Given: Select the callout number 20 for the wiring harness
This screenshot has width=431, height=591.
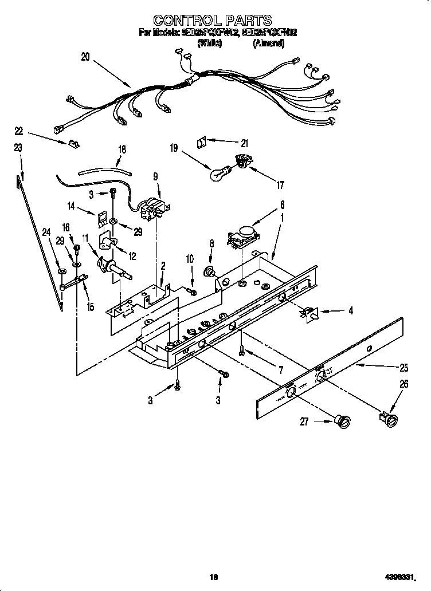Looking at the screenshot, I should click(x=85, y=57).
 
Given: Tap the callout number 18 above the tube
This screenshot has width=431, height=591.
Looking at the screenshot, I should click(x=122, y=149).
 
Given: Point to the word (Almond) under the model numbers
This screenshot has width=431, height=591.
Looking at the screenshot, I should click(x=268, y=42).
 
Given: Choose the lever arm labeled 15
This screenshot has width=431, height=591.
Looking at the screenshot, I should click(x=74, y=282).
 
